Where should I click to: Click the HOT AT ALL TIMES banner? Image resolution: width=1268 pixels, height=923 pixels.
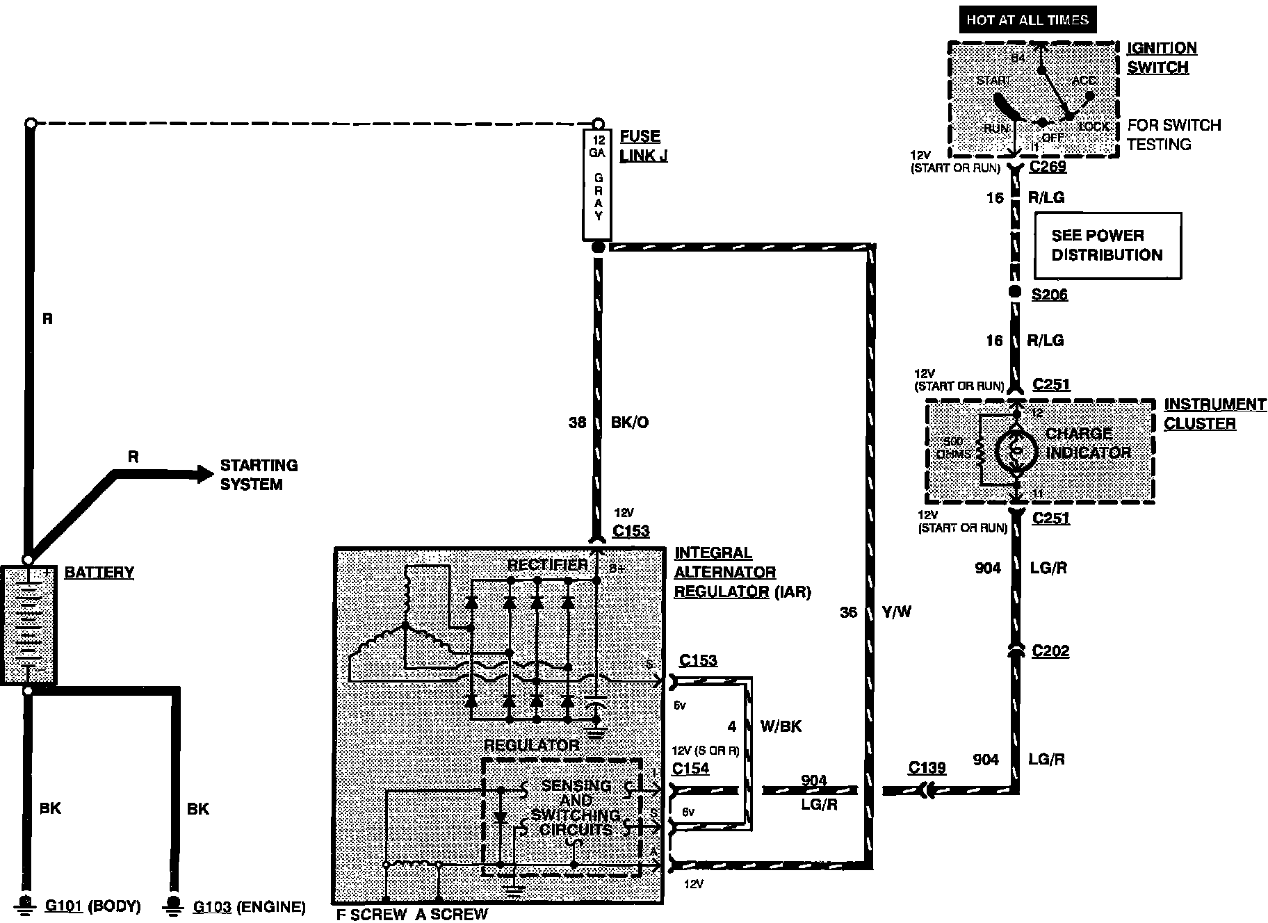(1027, 19)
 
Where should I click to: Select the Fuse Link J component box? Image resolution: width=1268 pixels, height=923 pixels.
(597, 184)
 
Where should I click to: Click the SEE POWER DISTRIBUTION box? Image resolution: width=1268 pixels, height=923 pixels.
(1107, 245)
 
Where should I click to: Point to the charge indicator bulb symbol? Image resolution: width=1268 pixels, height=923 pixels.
(1016, 452)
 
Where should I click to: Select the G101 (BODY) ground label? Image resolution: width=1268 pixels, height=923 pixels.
(92, 906)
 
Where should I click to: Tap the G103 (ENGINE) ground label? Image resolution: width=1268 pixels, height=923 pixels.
(249, 907)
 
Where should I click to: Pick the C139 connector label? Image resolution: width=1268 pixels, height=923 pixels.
(927, 767)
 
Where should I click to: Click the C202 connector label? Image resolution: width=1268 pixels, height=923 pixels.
(1050, 651)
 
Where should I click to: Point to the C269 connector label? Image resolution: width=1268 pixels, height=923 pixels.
(1048, 167)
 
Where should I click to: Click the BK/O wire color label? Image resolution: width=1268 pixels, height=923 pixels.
(629, 423)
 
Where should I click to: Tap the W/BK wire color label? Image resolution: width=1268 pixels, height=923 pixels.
(781, 726)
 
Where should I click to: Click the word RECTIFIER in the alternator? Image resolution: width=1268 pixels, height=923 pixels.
(547, 564)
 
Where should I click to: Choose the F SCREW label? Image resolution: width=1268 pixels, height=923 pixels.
(371, 914)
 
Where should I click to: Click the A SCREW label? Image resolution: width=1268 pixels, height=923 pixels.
(452, 914)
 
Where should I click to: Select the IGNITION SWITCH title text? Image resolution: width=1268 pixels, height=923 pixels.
(1161, 58)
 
